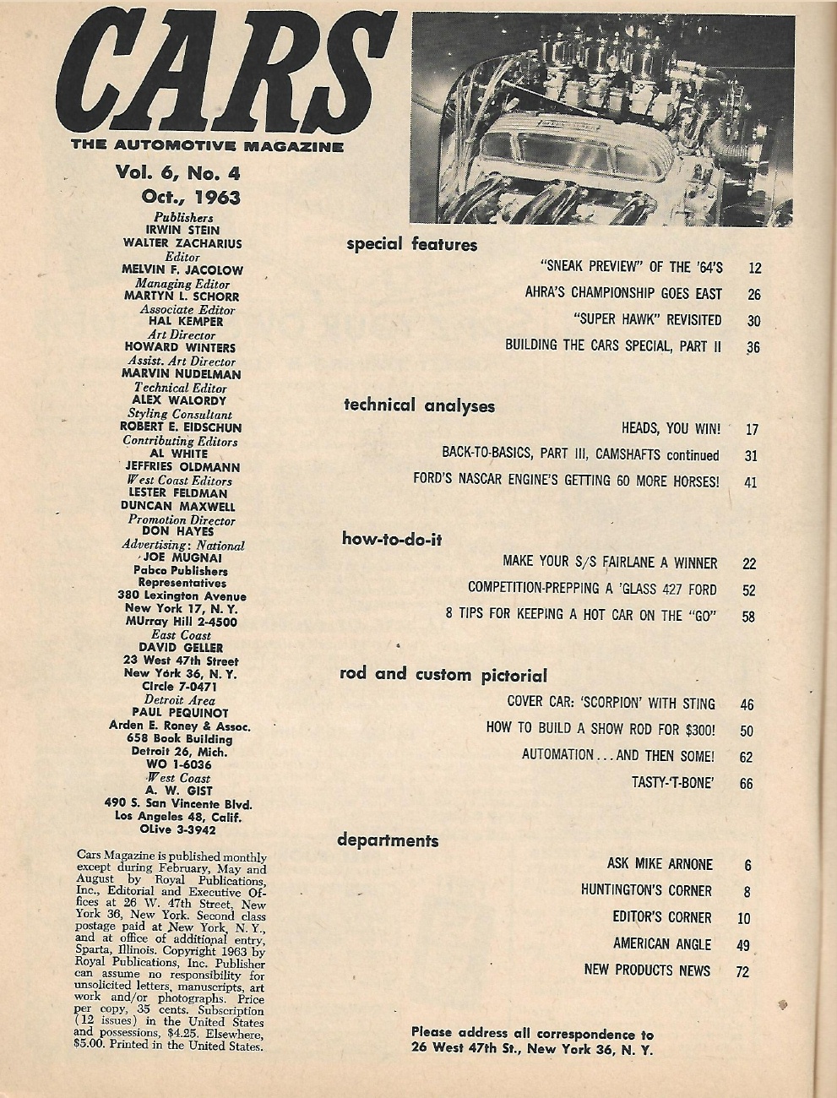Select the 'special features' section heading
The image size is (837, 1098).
pos(411,246)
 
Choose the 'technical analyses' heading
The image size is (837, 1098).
pos(419,405)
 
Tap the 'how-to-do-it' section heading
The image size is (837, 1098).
pos(391,539)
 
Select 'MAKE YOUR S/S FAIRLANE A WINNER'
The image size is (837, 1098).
pos(609,563)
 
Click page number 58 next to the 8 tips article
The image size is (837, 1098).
pos(747,617)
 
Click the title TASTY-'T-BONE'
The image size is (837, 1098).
pos(673,782)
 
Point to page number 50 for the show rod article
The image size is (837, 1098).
pos(746,731)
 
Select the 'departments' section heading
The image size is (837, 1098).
pos(388,840)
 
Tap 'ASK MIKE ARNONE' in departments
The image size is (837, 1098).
pos(660,864)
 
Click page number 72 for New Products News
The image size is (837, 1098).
pos(742,972)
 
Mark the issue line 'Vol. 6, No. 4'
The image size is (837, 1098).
pos(178,173)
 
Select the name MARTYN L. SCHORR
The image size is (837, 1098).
pos(181,296)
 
